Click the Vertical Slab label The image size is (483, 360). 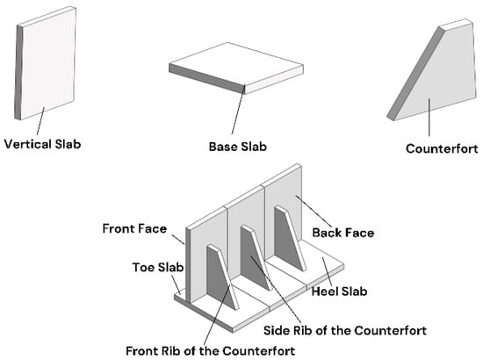(42, 144)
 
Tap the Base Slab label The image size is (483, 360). (238, 147)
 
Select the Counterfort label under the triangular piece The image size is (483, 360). (442, 148)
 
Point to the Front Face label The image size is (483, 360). (134, 228)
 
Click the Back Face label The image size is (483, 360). (343, 233)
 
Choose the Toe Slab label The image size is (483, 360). (158, 267)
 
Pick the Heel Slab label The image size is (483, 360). (339, 292)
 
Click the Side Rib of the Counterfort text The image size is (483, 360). (345, 330)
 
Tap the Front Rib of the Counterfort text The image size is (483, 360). (211, 350)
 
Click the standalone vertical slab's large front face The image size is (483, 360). (47, 63)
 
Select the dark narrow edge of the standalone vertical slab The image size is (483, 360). (18, 73)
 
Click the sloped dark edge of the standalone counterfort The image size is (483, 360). (415, 74)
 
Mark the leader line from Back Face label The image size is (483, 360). (314, 212)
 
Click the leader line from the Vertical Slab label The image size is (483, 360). (40, 121)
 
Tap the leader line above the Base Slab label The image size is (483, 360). (238, 110)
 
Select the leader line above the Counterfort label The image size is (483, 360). (429, 118)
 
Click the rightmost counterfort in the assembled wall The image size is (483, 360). (289, 239)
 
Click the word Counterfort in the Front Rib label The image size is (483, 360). (259, 350)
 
